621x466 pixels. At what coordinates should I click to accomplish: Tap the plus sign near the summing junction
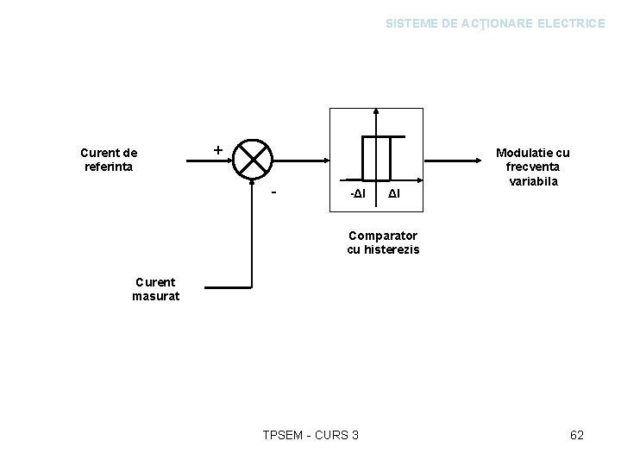click(217, 149)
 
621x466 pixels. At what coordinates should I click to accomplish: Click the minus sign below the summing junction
click(273, 192)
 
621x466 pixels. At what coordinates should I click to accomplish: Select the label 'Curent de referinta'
click(109, 160)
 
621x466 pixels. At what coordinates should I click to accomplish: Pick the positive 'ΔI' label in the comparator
click(393, 199)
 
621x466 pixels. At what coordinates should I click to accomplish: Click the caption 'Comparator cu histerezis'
click(383, 242)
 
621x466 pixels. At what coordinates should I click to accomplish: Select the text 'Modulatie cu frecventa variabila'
click(532, 167)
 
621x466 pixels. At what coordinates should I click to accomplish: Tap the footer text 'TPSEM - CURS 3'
click(310, 435)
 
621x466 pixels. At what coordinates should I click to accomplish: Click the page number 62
click(577, 435)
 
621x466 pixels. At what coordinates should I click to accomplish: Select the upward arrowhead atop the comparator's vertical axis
click(376, 112)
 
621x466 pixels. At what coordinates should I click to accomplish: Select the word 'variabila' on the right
click(532, 182)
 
